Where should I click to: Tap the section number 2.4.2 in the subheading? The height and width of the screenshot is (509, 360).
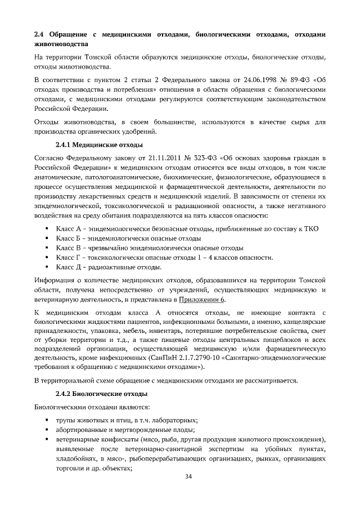tap(65, 394)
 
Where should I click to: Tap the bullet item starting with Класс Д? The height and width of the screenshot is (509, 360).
tap(109, 267)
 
